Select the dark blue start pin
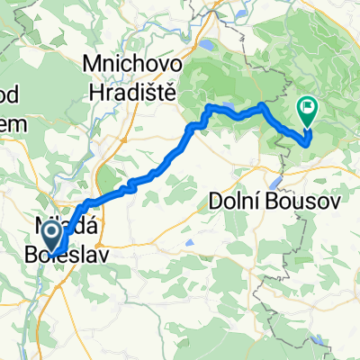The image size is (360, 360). point(54,237)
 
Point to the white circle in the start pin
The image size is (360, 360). point(54,233)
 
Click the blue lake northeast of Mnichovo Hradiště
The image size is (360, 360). point(208,42)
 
